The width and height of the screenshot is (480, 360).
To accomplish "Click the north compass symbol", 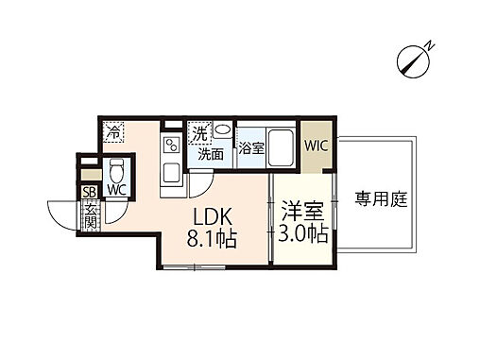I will [x=416, y=58].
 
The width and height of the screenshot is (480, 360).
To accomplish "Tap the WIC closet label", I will [x=316, y=145].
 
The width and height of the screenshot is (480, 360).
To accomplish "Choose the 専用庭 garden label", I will [x=376, y=198].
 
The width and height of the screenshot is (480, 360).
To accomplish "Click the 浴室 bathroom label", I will [x=250, y=147].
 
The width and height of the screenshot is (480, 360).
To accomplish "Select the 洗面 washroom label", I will [x=210, y=154].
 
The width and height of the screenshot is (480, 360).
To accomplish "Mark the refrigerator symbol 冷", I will [x=113, y=133].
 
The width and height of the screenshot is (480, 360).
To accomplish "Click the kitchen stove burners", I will [x=173, y=146].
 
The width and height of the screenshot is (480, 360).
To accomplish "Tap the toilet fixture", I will [x=116, y=171].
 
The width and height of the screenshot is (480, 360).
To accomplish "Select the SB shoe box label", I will [x=91, y=192].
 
